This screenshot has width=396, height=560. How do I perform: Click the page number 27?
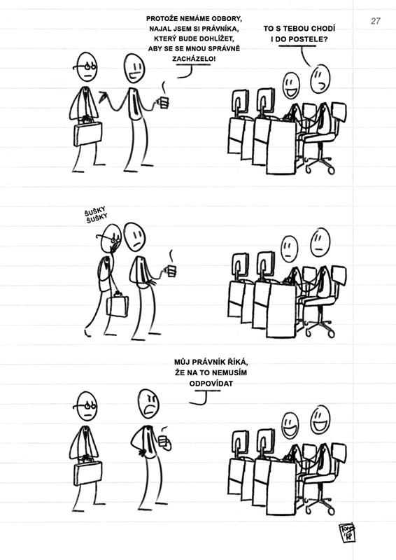(376, 21)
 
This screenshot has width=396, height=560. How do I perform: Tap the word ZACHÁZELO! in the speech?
(194, 59)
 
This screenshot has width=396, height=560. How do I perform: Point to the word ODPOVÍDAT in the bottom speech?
(211, 384)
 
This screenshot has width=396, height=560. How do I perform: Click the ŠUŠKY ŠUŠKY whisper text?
(96, 216)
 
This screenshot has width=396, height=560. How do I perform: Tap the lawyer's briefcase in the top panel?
(87, 133)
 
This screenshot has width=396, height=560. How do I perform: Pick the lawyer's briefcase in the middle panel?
(118, 305)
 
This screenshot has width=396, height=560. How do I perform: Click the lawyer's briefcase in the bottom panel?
(87, 472)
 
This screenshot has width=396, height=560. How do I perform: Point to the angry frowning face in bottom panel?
(148, 403)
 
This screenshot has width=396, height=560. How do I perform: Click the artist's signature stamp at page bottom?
(347, 533)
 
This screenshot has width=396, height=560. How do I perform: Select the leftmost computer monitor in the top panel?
(240, 101)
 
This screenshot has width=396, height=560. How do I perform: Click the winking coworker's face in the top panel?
(320, 79)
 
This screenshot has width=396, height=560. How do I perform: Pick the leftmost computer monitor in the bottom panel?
(240, 443)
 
